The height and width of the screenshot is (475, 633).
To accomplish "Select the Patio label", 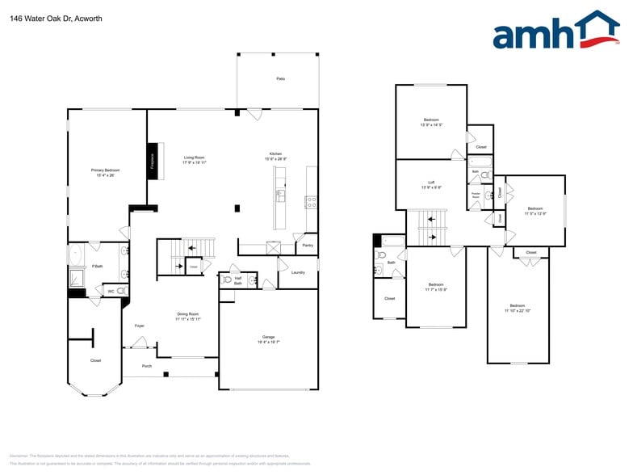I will coord(280,78).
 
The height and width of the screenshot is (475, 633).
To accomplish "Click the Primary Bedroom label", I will coord(105,170).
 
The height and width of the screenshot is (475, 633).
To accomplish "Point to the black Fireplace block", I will coord(151,160).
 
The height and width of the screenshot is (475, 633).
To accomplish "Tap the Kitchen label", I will coord(275,154).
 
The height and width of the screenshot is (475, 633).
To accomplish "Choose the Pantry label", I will coord(308,245).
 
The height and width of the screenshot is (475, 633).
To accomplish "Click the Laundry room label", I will coord(298,272).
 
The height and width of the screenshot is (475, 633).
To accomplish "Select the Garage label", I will coord(268,337).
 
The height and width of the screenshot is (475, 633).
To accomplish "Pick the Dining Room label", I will coord(188,313).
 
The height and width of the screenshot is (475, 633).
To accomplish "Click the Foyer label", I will coord(139,326).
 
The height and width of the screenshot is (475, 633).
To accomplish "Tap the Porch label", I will coord(146,366).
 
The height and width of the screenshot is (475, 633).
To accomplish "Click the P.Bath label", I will coord(97,266).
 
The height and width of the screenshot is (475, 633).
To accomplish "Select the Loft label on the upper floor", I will coord(431,183).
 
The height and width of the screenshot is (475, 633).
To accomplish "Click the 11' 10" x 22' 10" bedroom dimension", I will coord(518,311).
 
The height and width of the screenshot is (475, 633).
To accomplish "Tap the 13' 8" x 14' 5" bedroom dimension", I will coord(431,125).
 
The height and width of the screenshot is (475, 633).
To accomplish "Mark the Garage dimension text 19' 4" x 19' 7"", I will coord(268,343).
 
